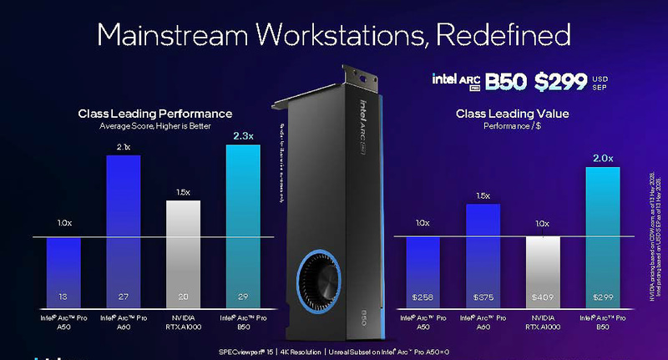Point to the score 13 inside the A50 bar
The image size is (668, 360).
point(63,296)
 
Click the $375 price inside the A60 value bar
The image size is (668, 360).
point(482,296)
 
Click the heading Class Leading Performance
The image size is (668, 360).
point(154,114)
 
